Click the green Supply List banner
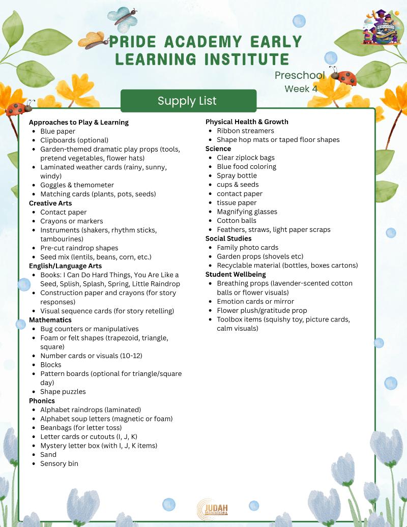188,101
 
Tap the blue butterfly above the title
122,17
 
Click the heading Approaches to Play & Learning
79,122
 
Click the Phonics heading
42,401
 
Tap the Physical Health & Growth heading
247,122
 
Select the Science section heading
218,149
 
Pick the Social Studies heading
228,239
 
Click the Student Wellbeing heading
236,275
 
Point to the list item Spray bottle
237,175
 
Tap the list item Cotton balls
237,221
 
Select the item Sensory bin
59,463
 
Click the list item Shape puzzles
63,392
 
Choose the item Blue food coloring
247,166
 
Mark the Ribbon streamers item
245,131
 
